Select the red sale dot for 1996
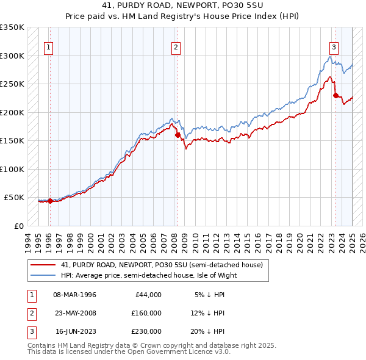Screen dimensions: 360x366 click(x=50, y=201)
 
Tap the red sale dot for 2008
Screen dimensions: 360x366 click(x=178, y=135)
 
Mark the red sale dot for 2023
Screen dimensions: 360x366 click(x=335, y=95)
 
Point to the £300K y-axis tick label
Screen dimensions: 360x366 click(x=12, y=56)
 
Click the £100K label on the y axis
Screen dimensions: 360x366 click(x=12, y=169)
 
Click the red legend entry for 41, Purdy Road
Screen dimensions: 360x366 click(x=161, y=265)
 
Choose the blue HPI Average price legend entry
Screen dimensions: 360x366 click(x=148, y=275)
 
